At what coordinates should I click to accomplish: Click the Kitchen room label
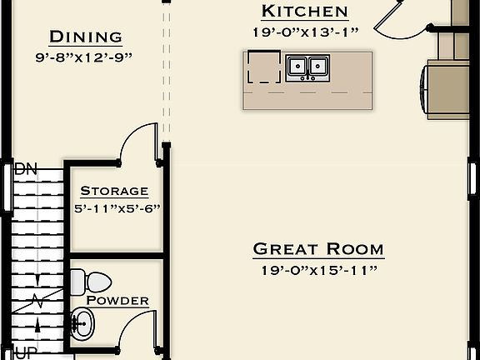click(x=304, y=11)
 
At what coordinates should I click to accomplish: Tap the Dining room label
click(x=86, y=37)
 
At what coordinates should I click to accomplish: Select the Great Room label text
click(x=317, y=248)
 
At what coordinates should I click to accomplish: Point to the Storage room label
click(x=114, y=191)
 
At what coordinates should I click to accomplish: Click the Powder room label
click(x=117, y=300)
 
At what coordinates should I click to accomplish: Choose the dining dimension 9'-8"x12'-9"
click(x=85, y=57)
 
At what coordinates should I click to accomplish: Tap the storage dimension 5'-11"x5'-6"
click(x=117, y=208)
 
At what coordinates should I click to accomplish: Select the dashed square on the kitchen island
click(x=264, y=67)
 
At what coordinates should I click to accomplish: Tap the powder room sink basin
click(x=82, y=319)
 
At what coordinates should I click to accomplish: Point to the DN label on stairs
click(x=27, y=169)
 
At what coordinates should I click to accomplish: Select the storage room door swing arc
click(x=137, y=142)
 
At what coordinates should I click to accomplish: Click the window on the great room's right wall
click(x=472, y=178)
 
